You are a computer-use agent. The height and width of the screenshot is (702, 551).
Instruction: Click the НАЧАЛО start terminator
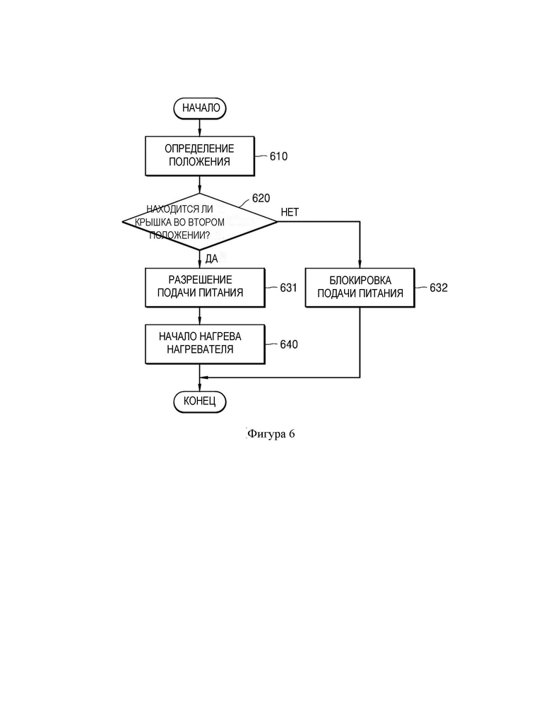pos(200,108)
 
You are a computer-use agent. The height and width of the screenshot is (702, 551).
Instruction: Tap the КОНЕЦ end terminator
pos(200,401)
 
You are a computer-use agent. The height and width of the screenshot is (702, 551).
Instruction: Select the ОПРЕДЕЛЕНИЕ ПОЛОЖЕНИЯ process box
pos(200,156)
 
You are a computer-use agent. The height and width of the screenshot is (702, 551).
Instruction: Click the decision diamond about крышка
pos(199,221)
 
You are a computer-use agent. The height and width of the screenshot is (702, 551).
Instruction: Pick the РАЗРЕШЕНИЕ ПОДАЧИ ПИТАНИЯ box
pos(205,288)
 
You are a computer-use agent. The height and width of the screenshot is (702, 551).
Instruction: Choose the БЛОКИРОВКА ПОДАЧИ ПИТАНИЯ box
pos(360,288)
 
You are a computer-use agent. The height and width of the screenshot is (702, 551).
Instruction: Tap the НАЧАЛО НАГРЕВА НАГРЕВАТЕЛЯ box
pos(205,344)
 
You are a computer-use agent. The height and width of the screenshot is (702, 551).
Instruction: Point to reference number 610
pos(278,156)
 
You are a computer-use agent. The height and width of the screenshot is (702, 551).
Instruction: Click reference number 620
pos(261,198)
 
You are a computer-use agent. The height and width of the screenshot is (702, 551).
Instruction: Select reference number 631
pos(288,288)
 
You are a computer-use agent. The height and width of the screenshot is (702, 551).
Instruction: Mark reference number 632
pos(438,288)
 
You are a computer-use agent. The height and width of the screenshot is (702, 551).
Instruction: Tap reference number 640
pos(288,344)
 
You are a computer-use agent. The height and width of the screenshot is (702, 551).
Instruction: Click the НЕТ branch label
pos(290,212)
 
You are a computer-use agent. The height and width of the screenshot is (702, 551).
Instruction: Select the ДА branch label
pos(211,259)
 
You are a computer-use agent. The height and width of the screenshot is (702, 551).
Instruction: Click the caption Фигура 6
pos(271,434)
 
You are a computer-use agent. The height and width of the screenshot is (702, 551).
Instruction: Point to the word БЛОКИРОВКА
pos(360,281)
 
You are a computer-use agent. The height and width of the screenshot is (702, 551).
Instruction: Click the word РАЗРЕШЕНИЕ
pos(201,280)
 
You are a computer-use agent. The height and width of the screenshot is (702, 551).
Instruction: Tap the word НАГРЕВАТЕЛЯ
pos(201,349)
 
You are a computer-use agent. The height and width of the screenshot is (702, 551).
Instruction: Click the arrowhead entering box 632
pos(360,264)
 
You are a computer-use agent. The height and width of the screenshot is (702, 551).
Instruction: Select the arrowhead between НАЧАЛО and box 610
pos(199,132)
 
